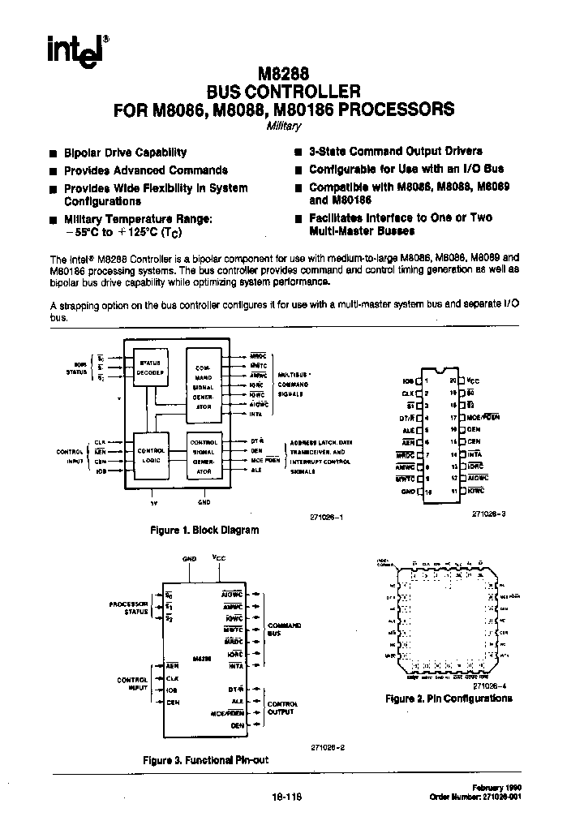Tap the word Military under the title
283,127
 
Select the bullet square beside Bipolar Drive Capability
53,153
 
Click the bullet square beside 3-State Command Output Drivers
299,152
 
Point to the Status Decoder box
152,368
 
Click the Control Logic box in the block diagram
152,454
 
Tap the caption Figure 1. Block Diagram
205,530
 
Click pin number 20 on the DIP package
453,380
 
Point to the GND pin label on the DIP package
407,492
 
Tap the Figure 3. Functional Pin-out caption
205,760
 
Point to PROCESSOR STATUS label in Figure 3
129,608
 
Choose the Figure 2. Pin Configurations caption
449,698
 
